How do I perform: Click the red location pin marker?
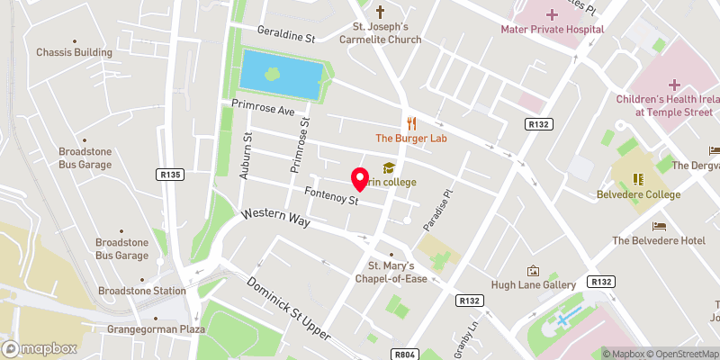pyautogui.click(x=359, y=179)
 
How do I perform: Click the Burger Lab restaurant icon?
pyautogui.click(x=411, y=123)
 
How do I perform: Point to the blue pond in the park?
pyautogui.click(x=280, y=75)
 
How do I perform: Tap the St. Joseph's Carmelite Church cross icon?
pyautogui.click(x=380, y=13)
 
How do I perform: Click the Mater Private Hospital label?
pyautogui.click(x=552, y=29)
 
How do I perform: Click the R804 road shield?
pyautogui.click(x=406, y=355)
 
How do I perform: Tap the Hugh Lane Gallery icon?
pyautogui.click(x=533, y=270)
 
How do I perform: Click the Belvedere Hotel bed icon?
pyautogui.click(x=659, y=225)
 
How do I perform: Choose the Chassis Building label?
pyautogui.click(x=74, y=52)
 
